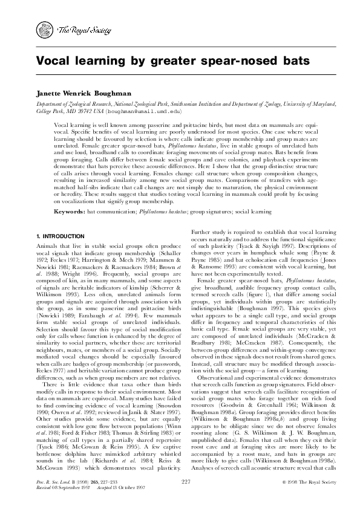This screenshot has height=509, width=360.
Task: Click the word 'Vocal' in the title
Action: [56, 61]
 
